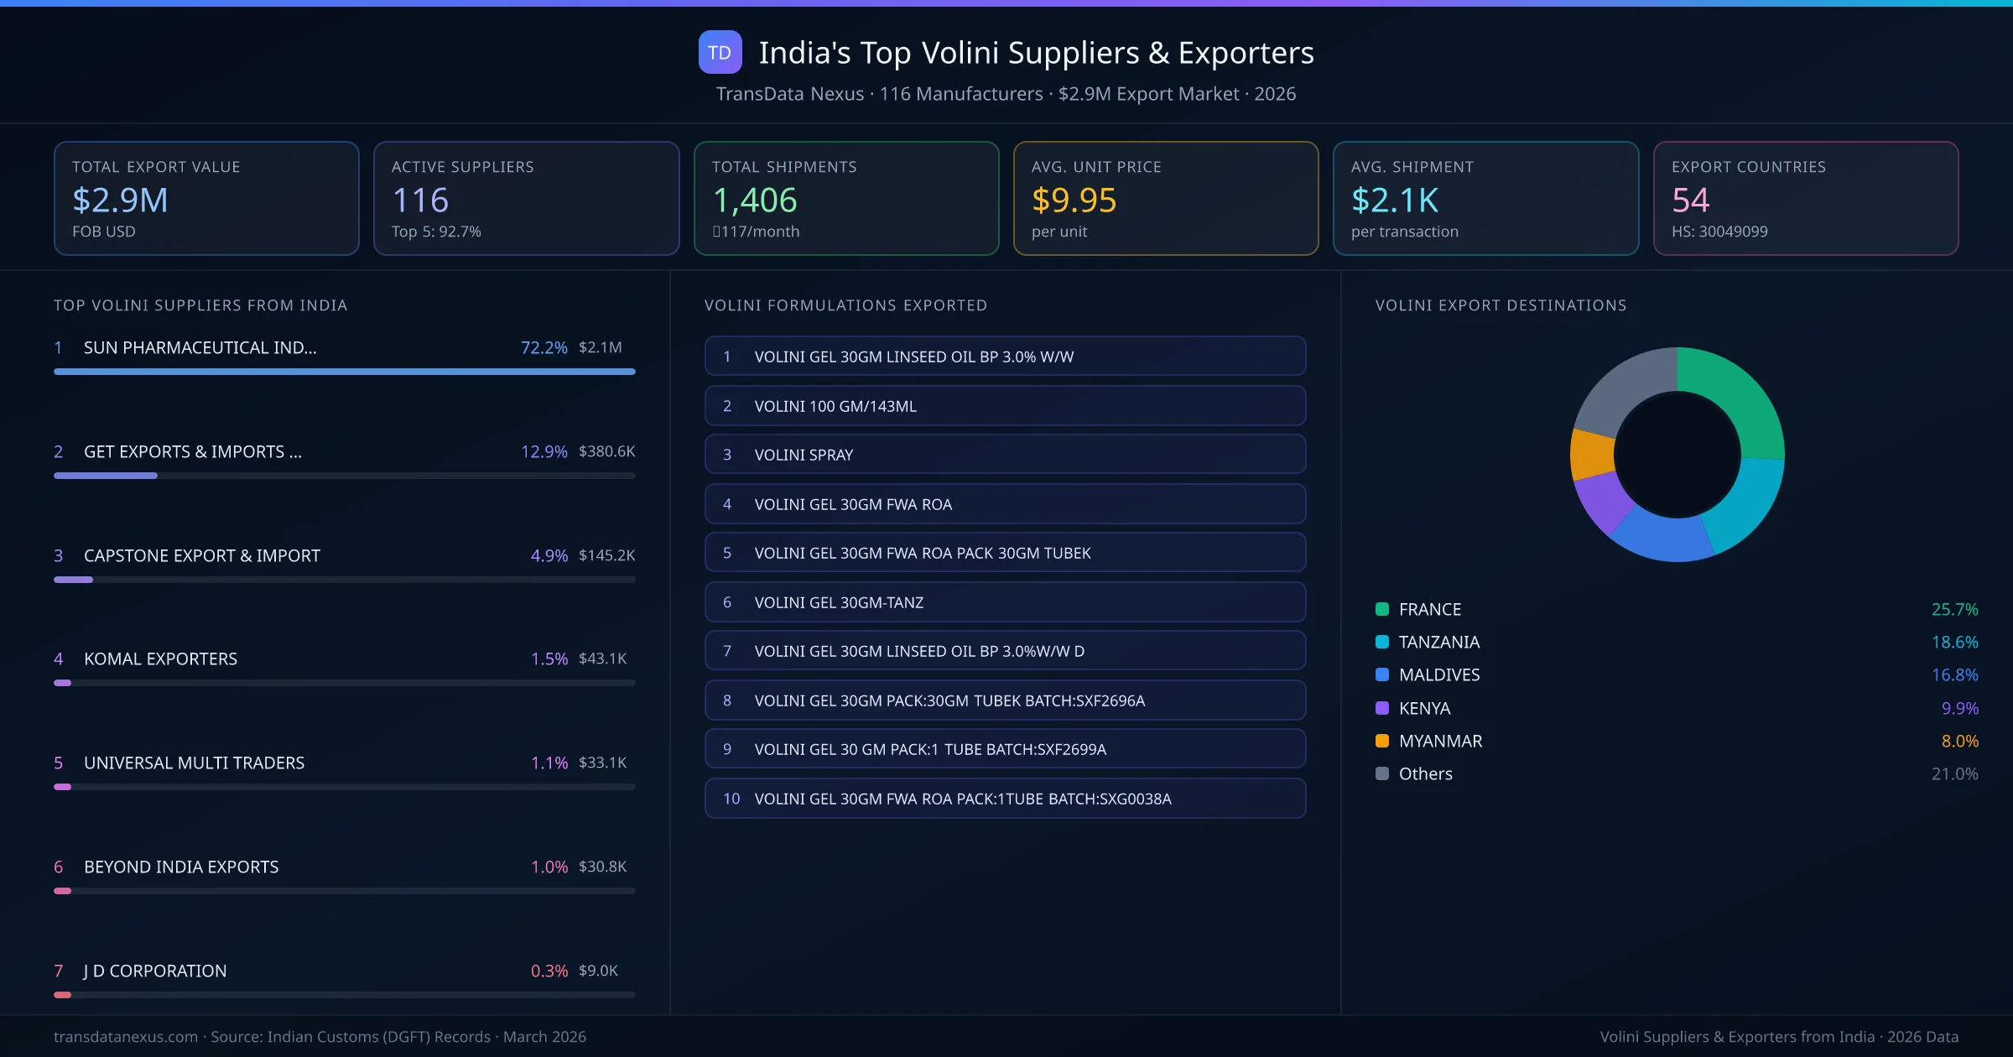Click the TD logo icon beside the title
(x=720, y=52)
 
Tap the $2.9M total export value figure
(x=120, y=200)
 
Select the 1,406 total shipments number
(x=754, y=200)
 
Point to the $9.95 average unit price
(x=1074, y=200)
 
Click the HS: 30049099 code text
(x=1719, y=232)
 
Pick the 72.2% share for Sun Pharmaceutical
(x=544, y=347)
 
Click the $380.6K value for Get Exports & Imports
(x=606, y=451)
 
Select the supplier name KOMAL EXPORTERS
(x=160, y=659)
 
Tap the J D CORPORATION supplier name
(x=155, y=971)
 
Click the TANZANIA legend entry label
(x=1438, y=643)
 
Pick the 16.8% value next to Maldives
(x=1954, y=675)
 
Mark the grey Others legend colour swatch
(x=1382, y=773)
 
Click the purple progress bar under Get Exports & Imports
(x=106, y=476)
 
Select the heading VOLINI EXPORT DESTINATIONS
(x=1501, y=305)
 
